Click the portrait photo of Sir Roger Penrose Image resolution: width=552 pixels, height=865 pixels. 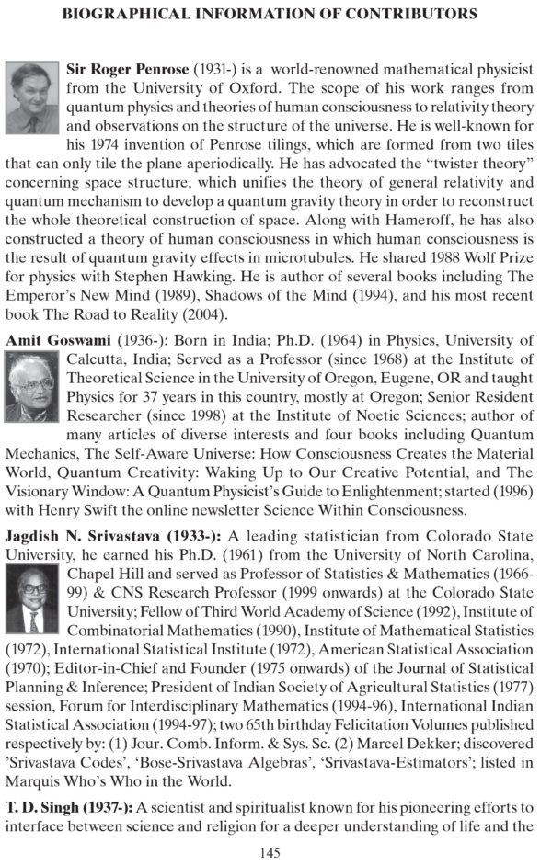[34, 98]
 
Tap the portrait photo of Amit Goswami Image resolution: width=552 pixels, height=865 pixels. [34, 389]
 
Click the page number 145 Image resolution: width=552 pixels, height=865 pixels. [270, 853]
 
